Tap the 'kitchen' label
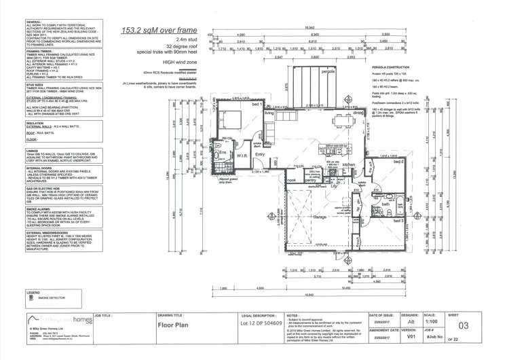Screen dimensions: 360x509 coord(350,165)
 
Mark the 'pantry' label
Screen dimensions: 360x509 coord(310,180)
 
